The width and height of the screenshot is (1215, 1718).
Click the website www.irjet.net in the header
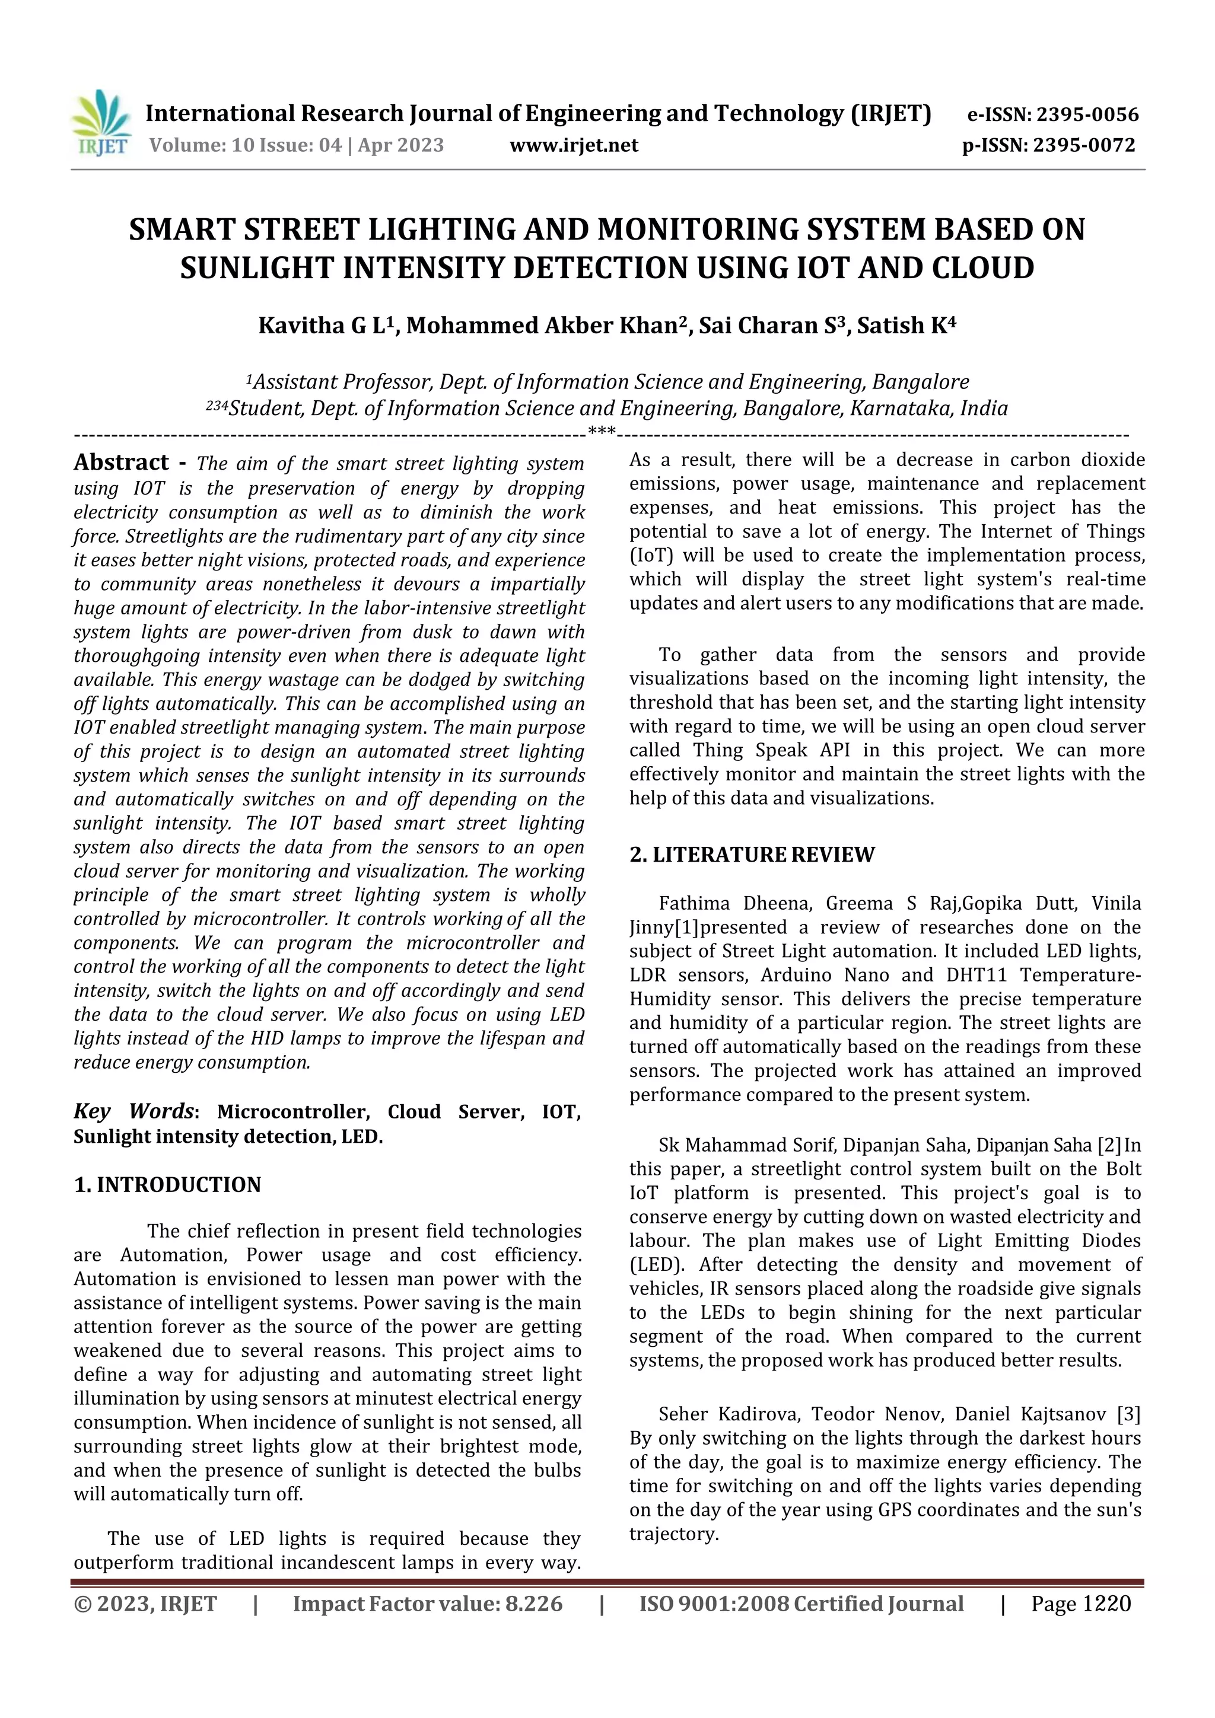[x=574, y=145]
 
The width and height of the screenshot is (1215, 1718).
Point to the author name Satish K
[x=906, y=326]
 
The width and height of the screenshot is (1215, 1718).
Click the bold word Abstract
[x=121, y=463]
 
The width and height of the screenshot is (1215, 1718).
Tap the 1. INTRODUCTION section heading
[x=168, y=1184]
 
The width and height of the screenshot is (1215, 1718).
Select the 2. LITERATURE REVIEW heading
[x=752, y=855]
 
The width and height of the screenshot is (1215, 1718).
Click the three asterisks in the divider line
[x=602, y=431]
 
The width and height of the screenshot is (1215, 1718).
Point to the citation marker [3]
[x=1128, y=1414]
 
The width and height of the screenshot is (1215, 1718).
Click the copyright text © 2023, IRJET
[x=145, y=1604]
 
